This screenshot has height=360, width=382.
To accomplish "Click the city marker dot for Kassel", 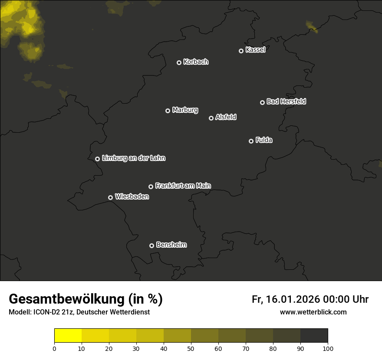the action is [x=241, y=51].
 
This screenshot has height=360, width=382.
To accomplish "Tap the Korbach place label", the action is [x=196, y=62].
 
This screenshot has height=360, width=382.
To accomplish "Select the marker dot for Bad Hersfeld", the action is [x=262, y=102].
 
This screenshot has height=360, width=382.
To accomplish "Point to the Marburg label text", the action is [x=185, y=110].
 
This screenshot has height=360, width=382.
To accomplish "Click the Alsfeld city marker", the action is [x=211, y=118].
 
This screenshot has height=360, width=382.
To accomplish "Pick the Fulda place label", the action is [x=264, y=141].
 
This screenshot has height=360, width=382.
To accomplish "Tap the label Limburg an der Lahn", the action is [x=134, y=158].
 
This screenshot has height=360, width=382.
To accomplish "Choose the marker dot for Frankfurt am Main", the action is [x=151, y=187].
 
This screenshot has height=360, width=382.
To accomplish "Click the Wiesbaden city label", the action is [x=132, y=197].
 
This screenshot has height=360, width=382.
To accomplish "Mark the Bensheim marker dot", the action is [x=151, y=245].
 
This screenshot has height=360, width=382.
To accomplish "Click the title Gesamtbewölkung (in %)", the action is [x=86, y=299].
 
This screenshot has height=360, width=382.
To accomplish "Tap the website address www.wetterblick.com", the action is [x=313, y=312].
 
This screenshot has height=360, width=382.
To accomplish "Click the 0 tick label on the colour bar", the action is [x=54, y=348].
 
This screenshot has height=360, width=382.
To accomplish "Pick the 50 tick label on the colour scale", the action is [x=191, y=348].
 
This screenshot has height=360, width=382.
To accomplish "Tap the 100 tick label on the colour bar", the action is [x=328, y=348].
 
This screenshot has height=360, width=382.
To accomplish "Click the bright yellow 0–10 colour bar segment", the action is [x=68, y=336].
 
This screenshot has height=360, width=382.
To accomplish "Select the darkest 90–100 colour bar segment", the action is [x=314, y=336].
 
